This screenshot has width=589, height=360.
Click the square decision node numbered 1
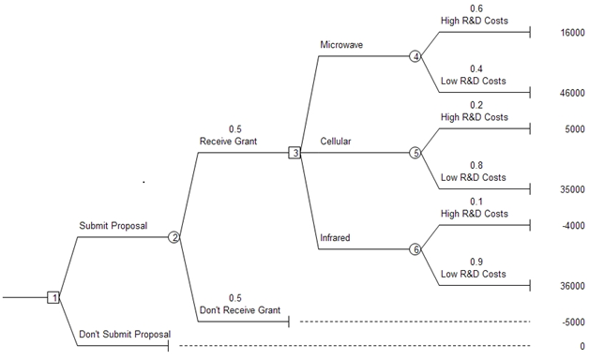point(53,297)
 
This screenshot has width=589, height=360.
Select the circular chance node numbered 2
point(174,237)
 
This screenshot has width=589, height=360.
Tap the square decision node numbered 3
point(294,153)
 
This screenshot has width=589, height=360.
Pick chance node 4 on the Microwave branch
point(415,56)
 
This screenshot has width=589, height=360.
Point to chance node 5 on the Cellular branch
point(415,153)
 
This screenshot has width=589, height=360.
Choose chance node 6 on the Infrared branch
point(415,249)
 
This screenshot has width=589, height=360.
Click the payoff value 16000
point(572,33)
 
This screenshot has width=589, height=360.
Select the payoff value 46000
point(572,93)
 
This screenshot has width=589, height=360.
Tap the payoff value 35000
point(572,189)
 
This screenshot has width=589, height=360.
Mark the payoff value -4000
point(574,226)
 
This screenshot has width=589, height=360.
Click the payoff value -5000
point(574,322)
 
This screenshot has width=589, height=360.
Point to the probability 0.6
point(476,8)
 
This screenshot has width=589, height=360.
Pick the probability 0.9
point(476,262)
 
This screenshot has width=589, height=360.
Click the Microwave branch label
point(341,45)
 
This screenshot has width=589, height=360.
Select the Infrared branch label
point(335,237)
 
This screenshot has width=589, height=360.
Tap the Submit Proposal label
point(113,226)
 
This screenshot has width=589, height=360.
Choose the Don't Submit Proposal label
point(125,334)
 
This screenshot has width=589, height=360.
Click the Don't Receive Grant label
point(240,310)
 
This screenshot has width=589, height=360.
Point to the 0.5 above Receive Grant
point(235,129)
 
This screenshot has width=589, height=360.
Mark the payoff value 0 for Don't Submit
point(582,346)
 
